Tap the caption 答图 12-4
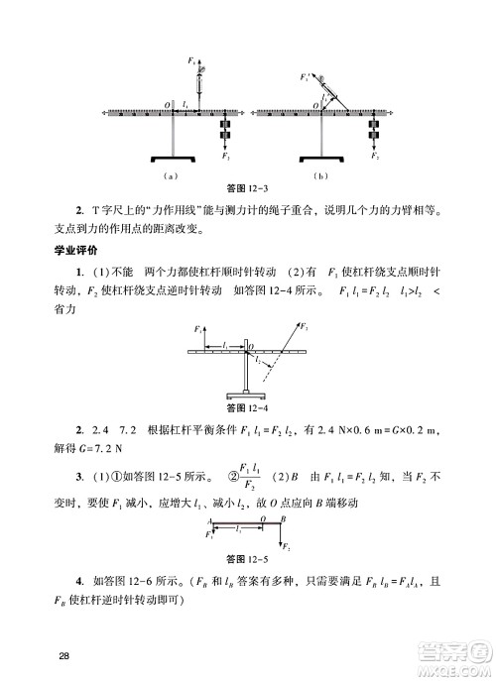(x=248, y=406)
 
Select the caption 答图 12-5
(x=248, y=557)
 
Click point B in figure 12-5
(x=285, y=518)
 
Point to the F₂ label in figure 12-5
(x=288, y=546)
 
